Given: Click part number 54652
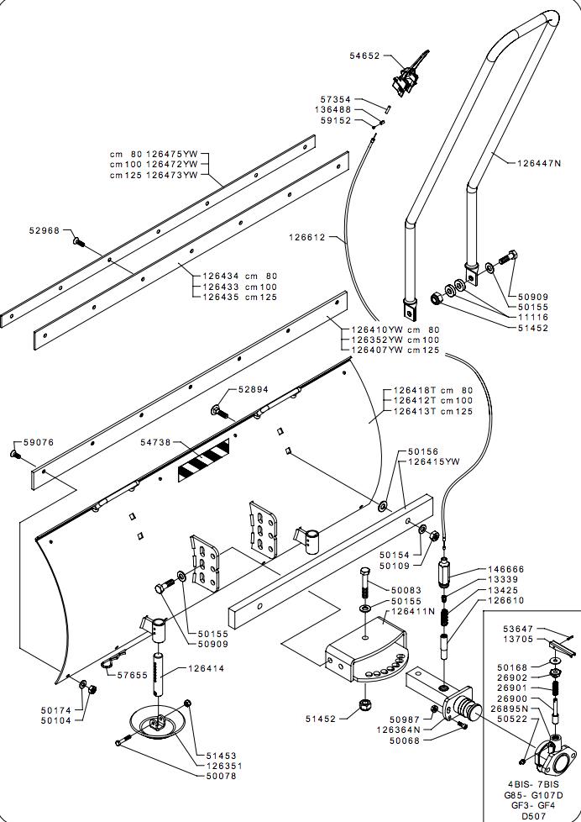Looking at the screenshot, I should pyautogui.click(x=364, y=56).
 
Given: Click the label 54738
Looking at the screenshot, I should pyautogui.click(x=155, y=442).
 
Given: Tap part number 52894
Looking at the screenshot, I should pyautogui.click(x=253, y=390).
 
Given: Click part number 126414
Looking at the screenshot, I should pyautogui.click(x=207, y=669).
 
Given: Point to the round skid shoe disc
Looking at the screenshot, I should pyautogui.click(x=160, y=723).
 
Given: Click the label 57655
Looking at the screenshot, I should pyautogui.click(x=133, y=675).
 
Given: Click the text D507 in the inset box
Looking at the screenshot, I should pyautogui.click(x=534, y=815).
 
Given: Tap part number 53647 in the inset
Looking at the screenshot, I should pyautogui.click(x=518, y=628).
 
